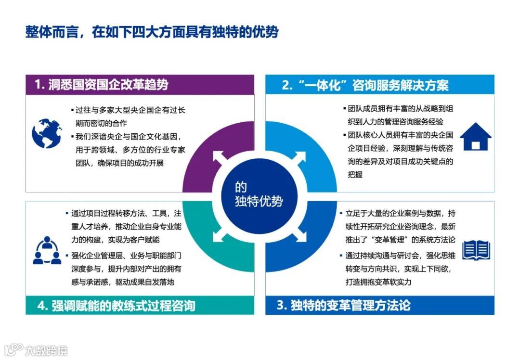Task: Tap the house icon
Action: click(475, 137)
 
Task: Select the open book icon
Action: click(476, 250)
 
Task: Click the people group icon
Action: click(47, 250)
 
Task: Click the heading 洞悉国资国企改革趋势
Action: click(108, 85)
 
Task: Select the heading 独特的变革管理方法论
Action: click(351, 305)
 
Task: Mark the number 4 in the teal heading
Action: click(42, 306)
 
